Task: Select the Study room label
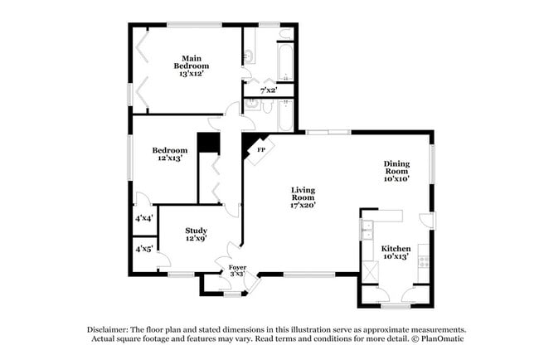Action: click(x=196, y=231)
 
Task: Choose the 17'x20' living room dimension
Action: click(x=303, y=204)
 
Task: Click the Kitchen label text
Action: click(x=396, y=248)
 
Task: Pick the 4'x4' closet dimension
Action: click(x=144, y=219)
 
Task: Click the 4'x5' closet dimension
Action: click(x=144, y=248)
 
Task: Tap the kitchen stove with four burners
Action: click(x=424, y=261)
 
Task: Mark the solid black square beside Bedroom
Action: click(x=206, y=144)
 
